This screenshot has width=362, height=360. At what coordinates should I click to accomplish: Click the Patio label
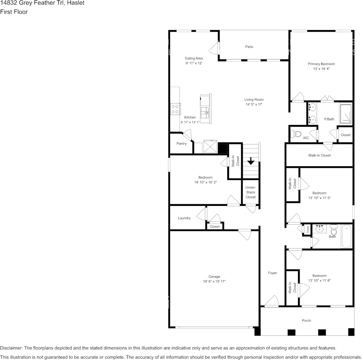[249, 47]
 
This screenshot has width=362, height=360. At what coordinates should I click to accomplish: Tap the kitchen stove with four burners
[175, 109]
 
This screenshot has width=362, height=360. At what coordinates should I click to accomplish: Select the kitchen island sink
[205, 113]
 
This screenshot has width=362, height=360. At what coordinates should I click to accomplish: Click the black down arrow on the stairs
[251, 161]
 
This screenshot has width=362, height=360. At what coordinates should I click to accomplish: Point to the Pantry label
[181, 143]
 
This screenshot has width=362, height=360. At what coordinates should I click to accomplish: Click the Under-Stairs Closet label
[250, 192]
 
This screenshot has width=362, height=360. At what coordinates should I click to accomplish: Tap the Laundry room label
[184, 218]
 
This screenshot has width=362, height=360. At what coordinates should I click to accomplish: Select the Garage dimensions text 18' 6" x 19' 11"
[214, 281]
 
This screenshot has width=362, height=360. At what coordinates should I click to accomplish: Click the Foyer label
[272, 273]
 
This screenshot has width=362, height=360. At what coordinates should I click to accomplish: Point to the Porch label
[306, 320]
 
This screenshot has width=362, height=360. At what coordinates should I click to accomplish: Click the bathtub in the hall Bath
[346, 236]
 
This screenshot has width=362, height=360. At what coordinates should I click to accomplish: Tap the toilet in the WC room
[296, 134]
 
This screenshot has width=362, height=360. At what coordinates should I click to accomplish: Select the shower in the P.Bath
[346, 114]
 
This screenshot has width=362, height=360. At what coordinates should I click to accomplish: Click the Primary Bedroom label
[321, 64]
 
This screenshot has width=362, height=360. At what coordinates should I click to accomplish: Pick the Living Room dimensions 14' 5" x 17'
[254, 105]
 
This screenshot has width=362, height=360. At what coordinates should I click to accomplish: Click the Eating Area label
[194, 58]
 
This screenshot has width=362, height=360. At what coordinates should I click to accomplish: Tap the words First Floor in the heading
[14, 12]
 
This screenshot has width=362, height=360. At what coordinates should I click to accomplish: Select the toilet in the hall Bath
[333, 230]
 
